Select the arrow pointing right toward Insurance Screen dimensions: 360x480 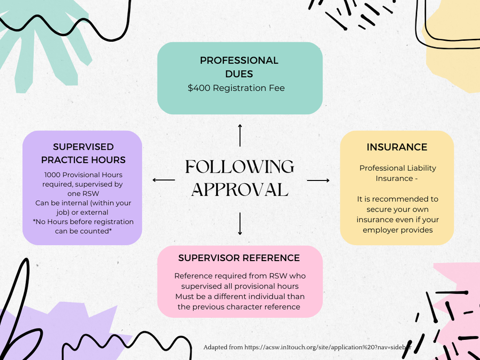click(x=318, y=180)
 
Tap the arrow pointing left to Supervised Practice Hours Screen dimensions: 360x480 click(x=164, y=180)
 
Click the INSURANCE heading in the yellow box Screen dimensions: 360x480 click(x=397, y=147)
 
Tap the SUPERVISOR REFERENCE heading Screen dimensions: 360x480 click(x=239, y=258)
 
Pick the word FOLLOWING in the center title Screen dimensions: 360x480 click(x=240, y=167)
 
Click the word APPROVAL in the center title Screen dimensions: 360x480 click(x=240, y=189)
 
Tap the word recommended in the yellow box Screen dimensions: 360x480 click(x=402, y=199)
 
